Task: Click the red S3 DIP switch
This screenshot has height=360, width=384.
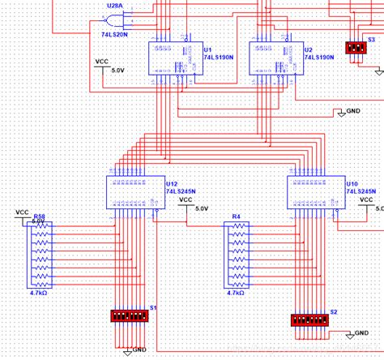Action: point(355,47)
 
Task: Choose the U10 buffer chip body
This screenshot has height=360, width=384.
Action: point(315,192)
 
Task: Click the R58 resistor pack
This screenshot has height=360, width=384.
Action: point(40,252)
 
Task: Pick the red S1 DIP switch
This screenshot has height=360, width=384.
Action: point(130,315)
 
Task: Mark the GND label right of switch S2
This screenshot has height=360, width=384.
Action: point(361,333)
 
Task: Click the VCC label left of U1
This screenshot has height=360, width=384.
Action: point(102,62)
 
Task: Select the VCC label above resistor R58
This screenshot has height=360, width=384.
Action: point(23,212)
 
